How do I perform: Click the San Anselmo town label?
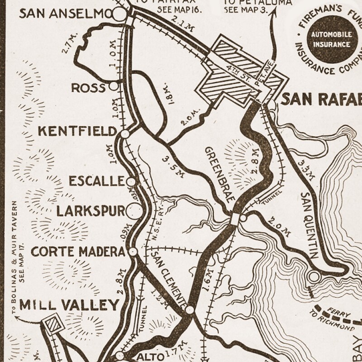63,15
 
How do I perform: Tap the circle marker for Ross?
114,85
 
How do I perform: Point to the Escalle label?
96,181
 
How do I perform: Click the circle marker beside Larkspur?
133,211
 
